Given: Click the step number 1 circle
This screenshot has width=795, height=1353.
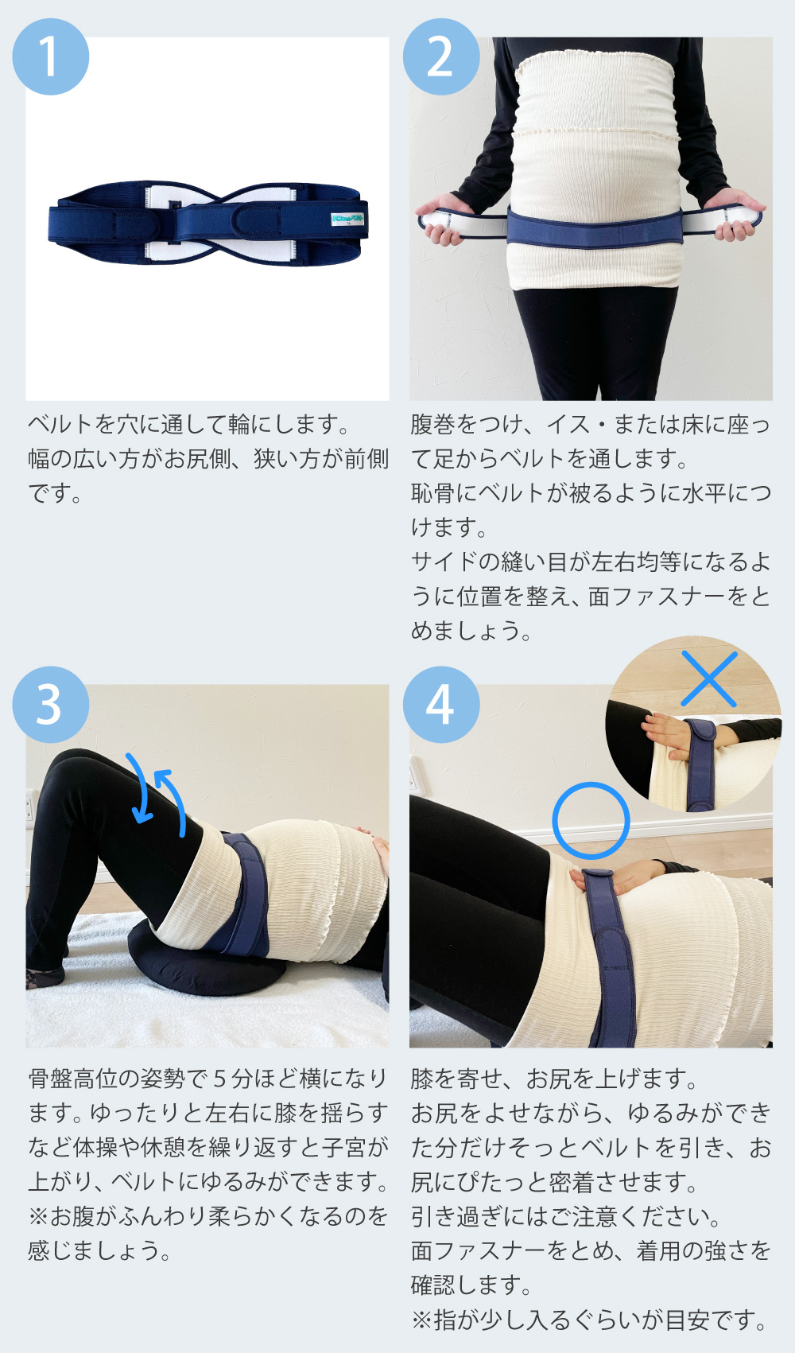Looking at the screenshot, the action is point(51,56).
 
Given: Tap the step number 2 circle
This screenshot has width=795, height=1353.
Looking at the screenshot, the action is point(441,56).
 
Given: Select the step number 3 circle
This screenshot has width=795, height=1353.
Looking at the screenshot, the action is point(51,705).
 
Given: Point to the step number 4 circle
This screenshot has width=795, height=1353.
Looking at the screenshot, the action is point(441,705).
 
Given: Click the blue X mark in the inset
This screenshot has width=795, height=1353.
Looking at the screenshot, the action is point(708,679).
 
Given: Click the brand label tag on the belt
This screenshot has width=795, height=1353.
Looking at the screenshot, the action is point(348,219).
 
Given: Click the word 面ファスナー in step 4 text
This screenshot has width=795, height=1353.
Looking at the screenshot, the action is point(478,1251).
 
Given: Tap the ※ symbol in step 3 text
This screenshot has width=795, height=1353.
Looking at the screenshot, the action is point(39,1216).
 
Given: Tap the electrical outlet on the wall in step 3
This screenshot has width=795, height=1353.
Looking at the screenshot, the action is point(29,806).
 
